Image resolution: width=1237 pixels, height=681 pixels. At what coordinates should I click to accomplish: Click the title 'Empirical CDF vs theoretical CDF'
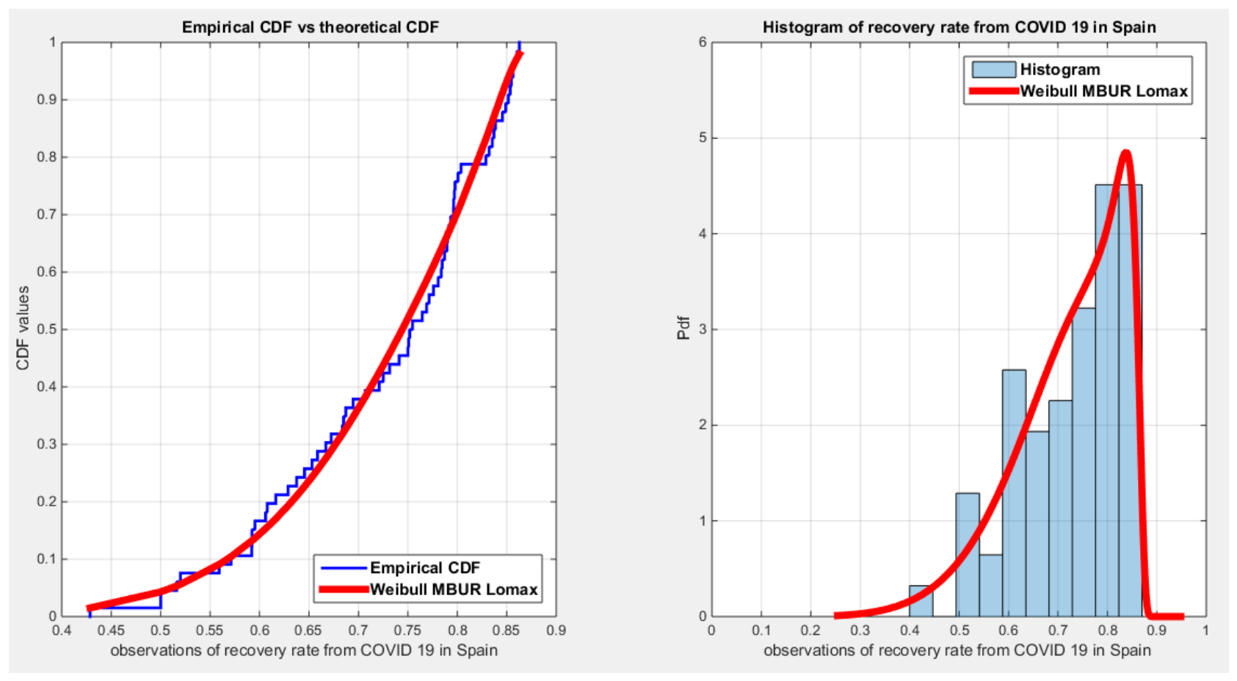coord(311,27)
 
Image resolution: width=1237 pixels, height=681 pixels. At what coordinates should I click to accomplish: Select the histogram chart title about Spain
coord(960,27)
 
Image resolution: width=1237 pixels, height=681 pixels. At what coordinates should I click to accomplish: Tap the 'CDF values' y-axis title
coord(22,328)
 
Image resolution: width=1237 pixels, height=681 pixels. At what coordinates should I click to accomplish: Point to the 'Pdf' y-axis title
coord(683,328)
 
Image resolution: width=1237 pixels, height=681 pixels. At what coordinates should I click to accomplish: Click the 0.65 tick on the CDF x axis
coord(308,630)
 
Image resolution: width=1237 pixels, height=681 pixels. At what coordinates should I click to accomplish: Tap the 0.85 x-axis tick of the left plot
coord(507,630)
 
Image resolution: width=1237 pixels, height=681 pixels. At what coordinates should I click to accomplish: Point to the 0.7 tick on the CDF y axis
coord(46,214)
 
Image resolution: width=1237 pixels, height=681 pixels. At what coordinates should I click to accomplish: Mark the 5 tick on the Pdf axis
coord(703,138)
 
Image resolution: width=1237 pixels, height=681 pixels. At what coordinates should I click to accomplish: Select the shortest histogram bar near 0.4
coord(921,601)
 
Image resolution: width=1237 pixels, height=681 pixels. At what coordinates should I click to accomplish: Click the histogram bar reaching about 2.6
coord(1014,493)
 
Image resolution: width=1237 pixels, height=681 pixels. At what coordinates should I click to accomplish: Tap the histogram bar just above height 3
coord(1084,462)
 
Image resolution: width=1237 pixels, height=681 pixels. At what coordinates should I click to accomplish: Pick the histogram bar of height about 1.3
coord(968,555)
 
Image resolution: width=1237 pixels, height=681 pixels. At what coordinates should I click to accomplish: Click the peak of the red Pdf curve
coord(1125,152)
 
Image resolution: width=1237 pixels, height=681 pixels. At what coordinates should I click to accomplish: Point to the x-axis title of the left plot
coord(304,650)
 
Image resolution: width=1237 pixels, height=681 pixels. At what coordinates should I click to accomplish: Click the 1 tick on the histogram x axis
coord(1205,630)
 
